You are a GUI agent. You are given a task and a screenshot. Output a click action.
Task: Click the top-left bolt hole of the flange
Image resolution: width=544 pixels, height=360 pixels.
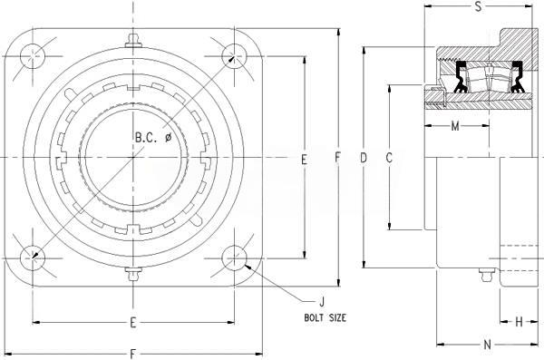click(33, 56)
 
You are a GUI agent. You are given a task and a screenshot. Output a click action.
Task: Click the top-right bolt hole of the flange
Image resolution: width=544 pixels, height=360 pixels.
click(234, 56)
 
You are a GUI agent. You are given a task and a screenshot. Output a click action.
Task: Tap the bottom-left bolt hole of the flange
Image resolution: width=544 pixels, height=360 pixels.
click(33, 258)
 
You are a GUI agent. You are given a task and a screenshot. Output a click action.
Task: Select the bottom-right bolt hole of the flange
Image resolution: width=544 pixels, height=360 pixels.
click(234, 258)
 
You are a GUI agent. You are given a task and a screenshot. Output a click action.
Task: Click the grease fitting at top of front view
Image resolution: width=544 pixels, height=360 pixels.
click(133, 40)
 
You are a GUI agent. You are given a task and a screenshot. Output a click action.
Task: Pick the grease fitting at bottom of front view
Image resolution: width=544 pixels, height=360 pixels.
click(133, 274)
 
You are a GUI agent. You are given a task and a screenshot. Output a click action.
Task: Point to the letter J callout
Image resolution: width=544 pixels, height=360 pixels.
click(322, 302)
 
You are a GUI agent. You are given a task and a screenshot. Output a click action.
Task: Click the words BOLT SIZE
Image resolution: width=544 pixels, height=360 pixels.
click(325, 317)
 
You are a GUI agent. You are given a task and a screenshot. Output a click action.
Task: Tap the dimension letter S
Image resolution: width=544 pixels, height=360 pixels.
click(478, 6)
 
